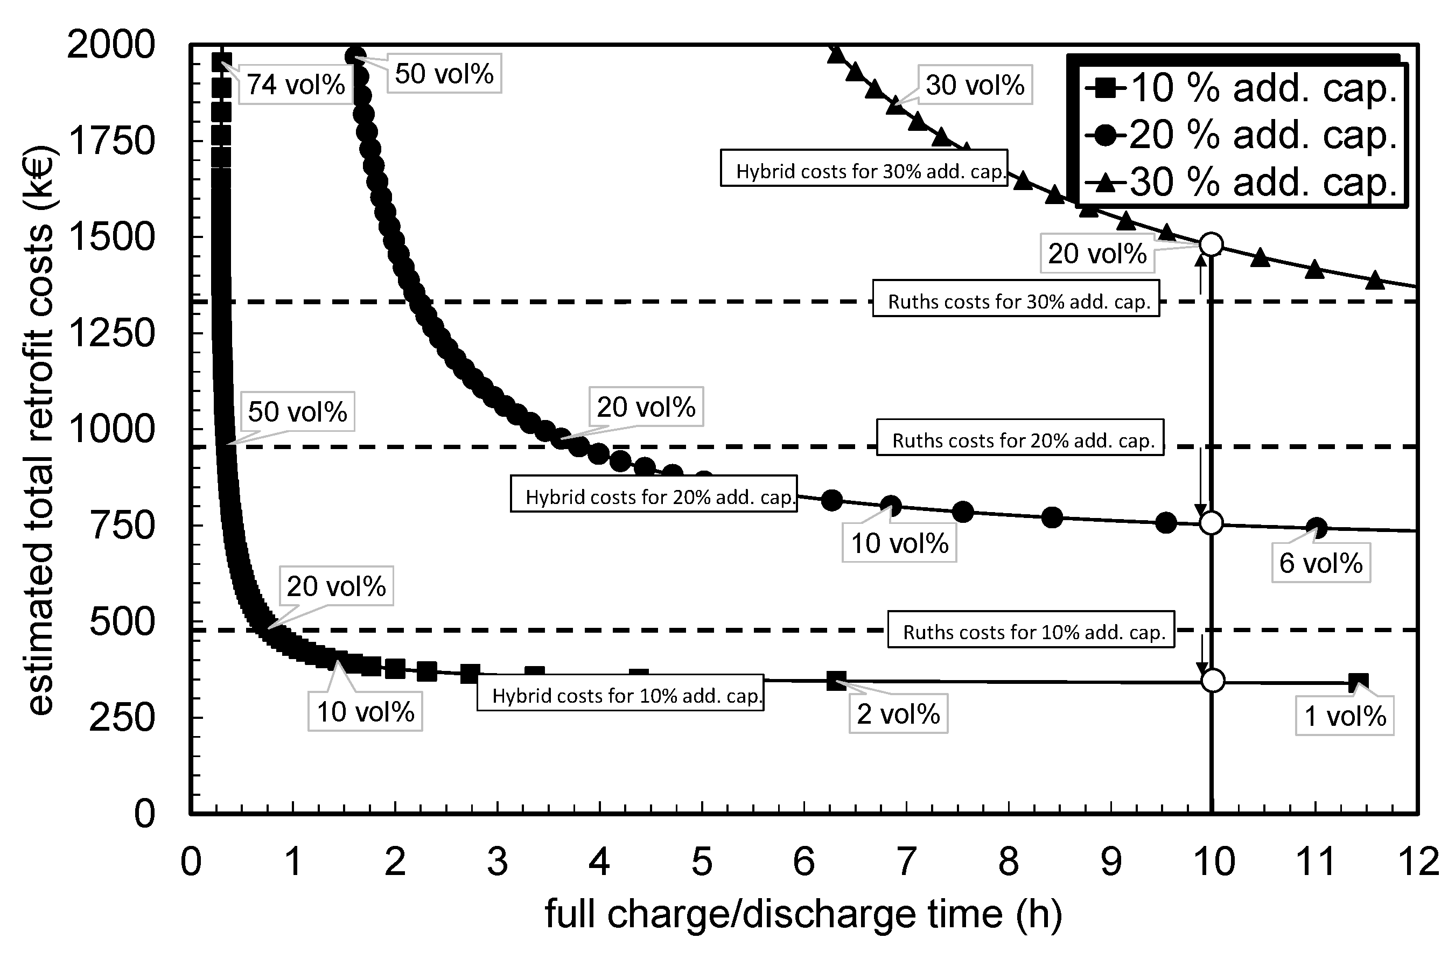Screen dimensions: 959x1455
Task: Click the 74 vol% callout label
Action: [296, 85]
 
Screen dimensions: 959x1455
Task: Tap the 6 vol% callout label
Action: [1320, 563]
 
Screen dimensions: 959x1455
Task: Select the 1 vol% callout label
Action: [1344, 716]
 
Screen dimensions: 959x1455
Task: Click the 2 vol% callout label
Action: [898, 714]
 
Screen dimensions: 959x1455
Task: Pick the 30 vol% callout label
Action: [975, 85]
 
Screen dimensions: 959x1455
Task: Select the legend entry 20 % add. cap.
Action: [1242, 135]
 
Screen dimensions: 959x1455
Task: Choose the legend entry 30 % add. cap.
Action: [1242, 181]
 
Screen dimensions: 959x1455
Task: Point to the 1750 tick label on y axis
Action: [111, 141]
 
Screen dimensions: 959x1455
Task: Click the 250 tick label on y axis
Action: [122, 718]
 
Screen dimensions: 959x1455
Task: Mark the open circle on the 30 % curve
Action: [1211, 244]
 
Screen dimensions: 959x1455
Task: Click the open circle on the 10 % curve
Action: [1212, 680]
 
